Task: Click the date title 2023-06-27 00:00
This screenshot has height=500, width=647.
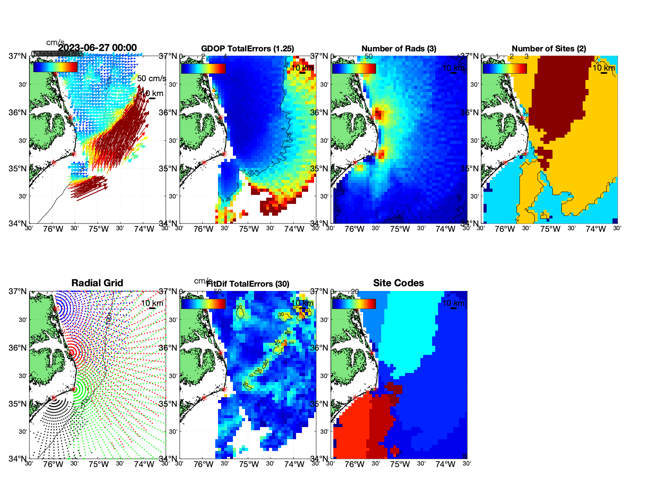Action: click(97, 48)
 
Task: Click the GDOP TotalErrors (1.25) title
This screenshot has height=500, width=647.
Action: click(247, 49)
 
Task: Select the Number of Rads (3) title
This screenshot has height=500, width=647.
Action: click(399, 49)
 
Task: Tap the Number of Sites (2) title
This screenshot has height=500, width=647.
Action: click(549, 49)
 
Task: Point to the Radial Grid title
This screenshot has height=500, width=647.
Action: click(97, 283)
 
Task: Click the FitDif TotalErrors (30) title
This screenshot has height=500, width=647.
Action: click(248, 284)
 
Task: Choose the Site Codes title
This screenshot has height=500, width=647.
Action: click(398, 283)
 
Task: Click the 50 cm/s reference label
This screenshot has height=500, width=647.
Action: click(151, 78)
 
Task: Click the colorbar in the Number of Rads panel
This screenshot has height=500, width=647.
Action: click(354, 69)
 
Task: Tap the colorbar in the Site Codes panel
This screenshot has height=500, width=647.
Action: click(354, 304)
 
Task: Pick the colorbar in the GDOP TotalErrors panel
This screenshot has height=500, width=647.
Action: click(203, 69)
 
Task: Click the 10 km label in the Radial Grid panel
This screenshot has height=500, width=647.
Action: click(152, 303)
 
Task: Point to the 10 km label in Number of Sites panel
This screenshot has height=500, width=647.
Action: click(603, 68)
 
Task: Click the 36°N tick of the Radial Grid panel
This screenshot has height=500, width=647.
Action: click(18, 348)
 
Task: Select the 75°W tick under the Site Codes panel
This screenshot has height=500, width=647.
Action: click(400, 465)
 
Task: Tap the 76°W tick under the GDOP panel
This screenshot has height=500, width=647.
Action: click(204, 229)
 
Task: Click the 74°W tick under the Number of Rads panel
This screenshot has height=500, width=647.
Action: click(445, 229)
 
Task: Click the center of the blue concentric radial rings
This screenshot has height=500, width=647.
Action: click(56, 309)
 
